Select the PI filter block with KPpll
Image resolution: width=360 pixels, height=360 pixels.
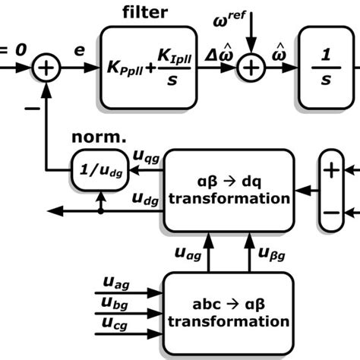pos(144,68)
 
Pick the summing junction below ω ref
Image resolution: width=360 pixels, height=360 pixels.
pos(250,68)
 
